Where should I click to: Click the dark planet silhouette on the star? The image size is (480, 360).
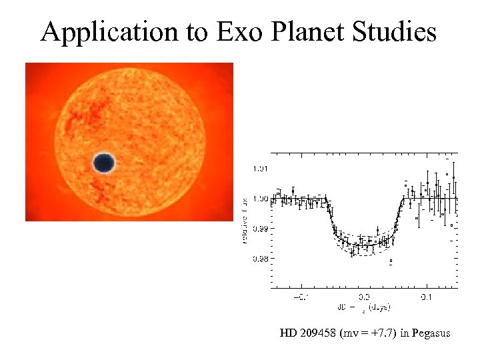[103, 163]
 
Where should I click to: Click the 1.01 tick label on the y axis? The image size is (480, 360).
[259, 169]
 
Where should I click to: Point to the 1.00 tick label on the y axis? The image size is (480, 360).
[259, 199]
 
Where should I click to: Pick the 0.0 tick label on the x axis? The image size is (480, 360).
[364, 297]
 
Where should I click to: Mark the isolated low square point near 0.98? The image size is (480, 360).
[391, 261]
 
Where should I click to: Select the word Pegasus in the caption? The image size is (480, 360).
[431, 333]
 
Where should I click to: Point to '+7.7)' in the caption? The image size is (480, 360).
[385, 333]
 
